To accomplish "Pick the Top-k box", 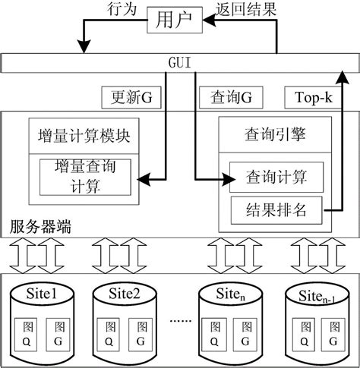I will pyautogui.click(x=307, y=99).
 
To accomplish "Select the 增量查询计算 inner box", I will pyautogui.click(x=86, y=176).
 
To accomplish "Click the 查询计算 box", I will pyautogui.click(x=276, y=178).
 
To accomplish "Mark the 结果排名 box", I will pyautogui.click(x=276, y=210).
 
